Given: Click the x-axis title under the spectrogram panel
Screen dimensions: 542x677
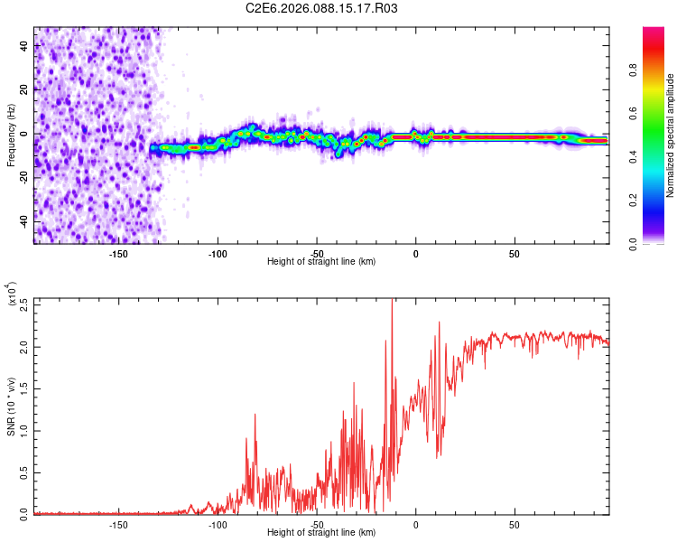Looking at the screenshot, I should (321, 261).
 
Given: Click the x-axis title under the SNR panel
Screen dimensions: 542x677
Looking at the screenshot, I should (321, 532).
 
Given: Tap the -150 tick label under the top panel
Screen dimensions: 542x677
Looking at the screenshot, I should (118, 253).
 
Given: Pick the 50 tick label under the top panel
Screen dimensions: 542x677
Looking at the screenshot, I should (514, 253).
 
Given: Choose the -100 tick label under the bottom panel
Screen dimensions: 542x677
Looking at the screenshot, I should (218, 524).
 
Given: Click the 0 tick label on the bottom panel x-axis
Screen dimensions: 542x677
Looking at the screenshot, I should (415, 524).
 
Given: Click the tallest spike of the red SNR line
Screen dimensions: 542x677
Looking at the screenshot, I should (391, 301).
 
